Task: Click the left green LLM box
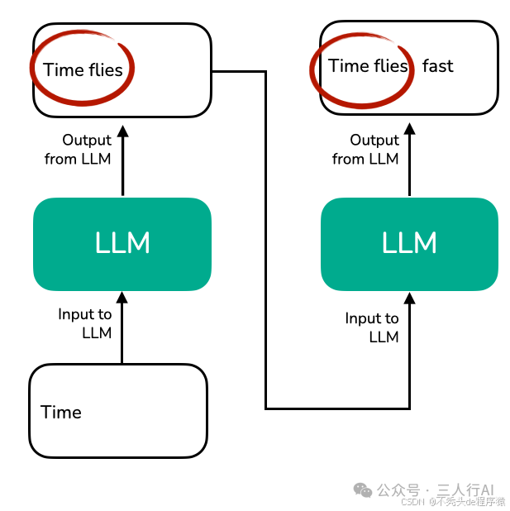[122, 244]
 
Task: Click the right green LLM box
[409, 244]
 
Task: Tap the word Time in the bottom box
[61, 412]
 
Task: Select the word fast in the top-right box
[437, 66]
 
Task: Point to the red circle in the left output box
[82, 69]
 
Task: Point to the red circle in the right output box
[361, 65]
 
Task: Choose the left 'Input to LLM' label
[85, 323]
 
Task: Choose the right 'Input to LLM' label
[372, 327]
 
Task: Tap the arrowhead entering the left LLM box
[122, 297]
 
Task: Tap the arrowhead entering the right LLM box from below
[409, 297]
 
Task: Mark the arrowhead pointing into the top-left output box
[122, 130]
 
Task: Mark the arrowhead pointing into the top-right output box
[409, 130]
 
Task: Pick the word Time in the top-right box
[348, 66]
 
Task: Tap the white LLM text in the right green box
[409, 243]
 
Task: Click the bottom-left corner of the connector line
[266, 408]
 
